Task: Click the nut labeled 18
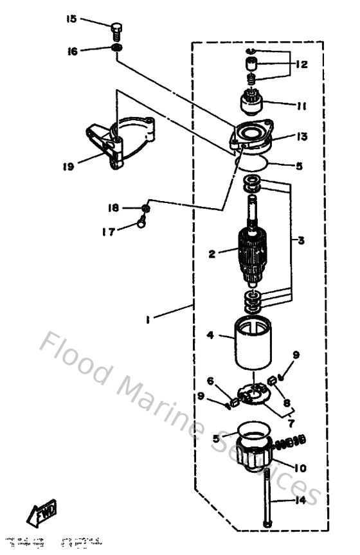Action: click(147, 208)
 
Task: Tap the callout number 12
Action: click(301, 64)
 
